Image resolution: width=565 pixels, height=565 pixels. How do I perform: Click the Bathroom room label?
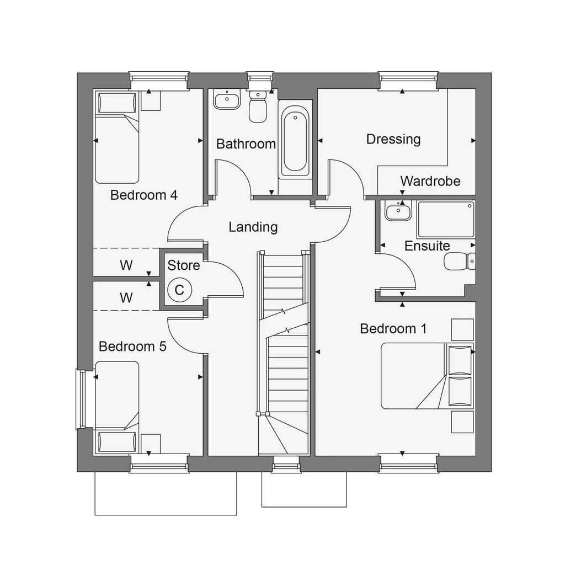246,144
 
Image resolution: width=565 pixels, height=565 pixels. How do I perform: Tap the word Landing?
253,227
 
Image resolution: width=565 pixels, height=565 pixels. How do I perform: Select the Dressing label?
393,140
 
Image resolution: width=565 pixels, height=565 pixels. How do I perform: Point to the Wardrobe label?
430,181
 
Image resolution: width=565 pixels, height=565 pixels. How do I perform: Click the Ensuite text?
428,246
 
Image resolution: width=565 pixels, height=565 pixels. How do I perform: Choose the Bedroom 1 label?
393,329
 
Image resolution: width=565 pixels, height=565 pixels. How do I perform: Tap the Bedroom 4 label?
144,195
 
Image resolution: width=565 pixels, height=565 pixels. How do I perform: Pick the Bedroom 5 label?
132,347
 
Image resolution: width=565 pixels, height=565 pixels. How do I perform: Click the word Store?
184,265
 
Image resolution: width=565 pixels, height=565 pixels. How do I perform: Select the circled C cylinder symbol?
179,290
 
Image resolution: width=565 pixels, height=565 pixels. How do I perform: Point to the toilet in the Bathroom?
258,106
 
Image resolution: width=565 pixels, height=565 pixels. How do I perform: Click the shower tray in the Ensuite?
446,219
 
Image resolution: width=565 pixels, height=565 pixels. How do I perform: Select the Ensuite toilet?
460,261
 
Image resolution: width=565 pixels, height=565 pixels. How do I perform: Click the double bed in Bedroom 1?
428,376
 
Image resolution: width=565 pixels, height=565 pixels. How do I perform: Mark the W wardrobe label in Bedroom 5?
126,297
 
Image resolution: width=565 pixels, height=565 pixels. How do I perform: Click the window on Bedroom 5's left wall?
81,399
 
